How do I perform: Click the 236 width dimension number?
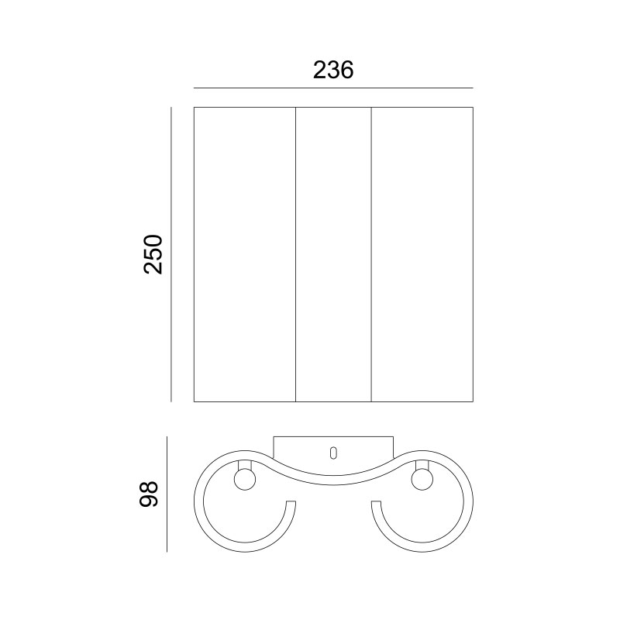333,71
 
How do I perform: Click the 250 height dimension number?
153,255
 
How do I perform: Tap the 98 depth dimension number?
149,494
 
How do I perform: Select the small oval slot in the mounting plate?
333,453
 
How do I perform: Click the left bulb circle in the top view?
245,480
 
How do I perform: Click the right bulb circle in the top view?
422,480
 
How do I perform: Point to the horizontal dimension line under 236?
333,88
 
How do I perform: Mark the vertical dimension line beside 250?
171,254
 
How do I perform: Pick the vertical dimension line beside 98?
167,494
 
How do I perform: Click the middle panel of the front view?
333,254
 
